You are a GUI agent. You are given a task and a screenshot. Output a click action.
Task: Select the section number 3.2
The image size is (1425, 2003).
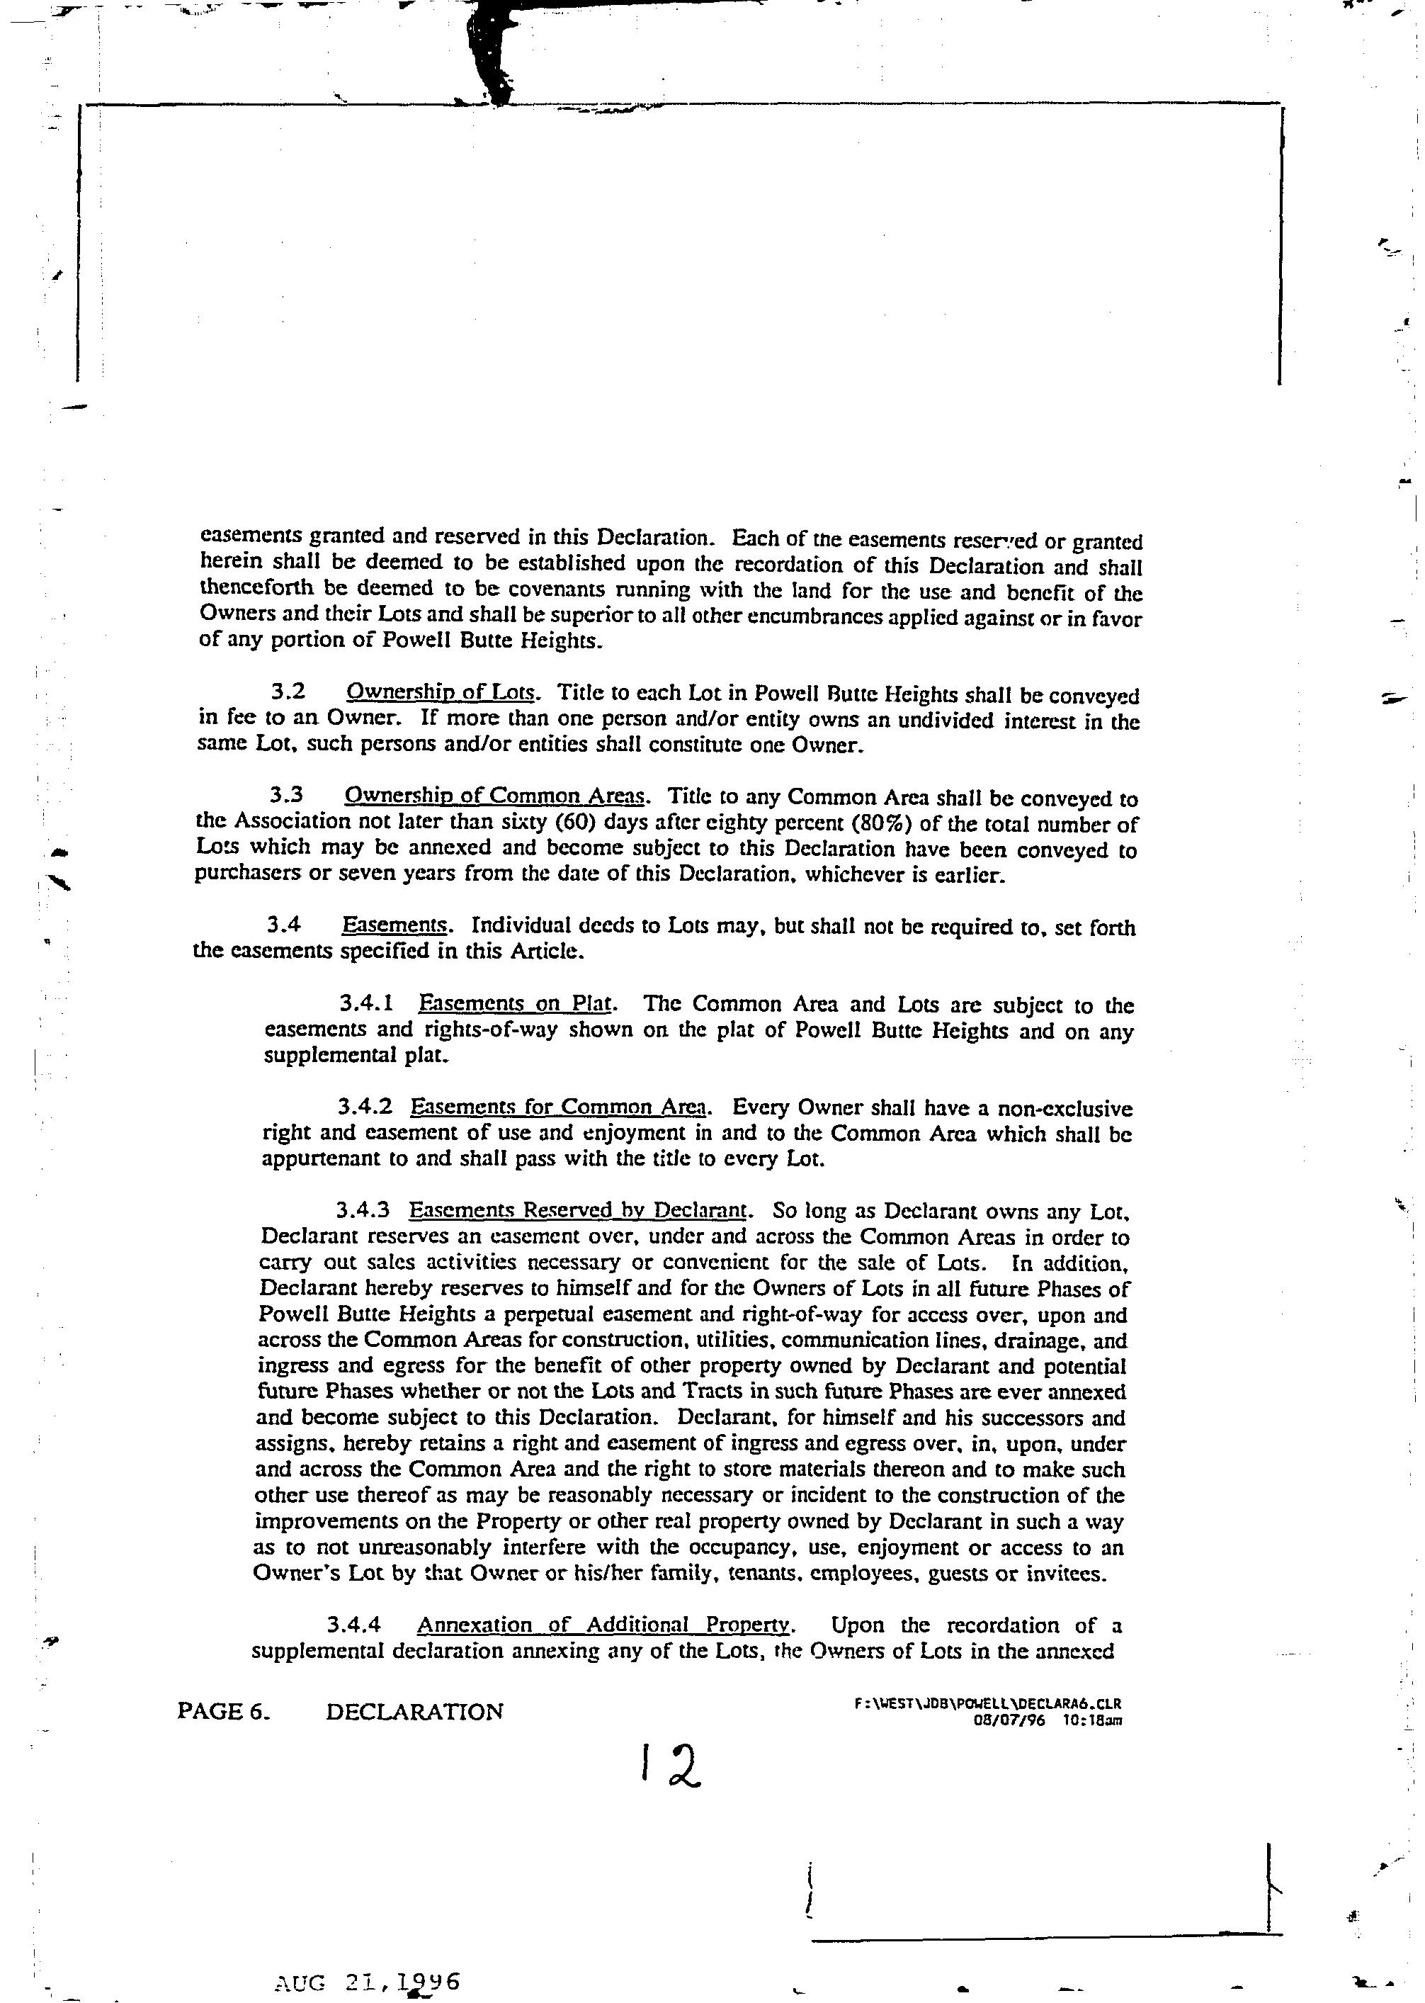point(289,694)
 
